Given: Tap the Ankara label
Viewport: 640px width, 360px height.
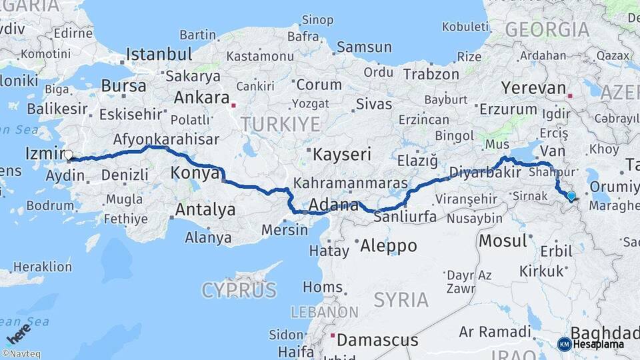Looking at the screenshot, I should point(201,97).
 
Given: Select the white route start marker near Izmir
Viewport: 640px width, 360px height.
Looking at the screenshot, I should point(68,155).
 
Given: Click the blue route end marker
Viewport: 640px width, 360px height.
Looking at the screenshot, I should point(571,195).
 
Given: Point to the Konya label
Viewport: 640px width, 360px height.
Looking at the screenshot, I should point(195,173).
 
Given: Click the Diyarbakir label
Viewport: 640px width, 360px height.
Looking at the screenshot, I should point(485,172).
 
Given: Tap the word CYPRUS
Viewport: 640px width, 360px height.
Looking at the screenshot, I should point(239,290).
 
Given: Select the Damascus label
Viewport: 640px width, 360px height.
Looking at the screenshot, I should point(377,340).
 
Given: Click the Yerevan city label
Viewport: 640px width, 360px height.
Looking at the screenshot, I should point(533,87).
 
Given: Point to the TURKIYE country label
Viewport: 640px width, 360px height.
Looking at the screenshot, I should point(281,124).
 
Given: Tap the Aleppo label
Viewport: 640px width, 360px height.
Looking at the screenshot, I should point(389,245).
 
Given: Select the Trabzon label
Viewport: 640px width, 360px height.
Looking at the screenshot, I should point(431,75).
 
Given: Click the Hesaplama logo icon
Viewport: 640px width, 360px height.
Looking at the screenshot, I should point(564,344).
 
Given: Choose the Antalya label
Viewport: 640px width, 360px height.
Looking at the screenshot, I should point(205,210).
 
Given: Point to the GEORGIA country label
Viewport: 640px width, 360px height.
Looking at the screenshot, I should point(547,29).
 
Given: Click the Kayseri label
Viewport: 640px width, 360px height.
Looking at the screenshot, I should point(342,155).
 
